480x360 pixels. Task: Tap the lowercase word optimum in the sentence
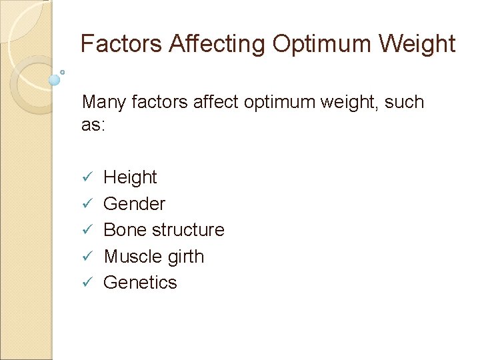[x=297, y=103]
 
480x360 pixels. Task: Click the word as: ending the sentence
[x=93, y=125]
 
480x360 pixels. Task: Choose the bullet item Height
[x=130, y=177]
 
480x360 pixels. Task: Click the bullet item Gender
[x=134, y=203]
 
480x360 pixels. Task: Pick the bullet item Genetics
[x=140, y=283]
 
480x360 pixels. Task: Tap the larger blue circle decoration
[x=55, y=80]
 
